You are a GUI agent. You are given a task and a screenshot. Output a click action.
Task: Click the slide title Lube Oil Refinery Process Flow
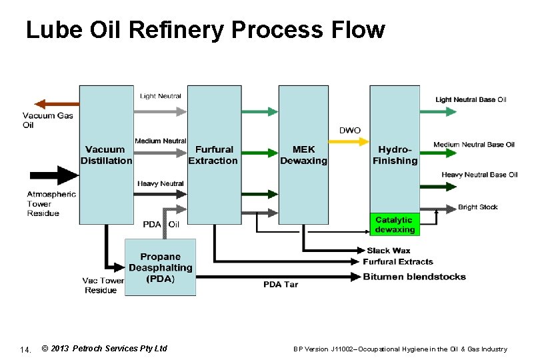[x=205, y=30]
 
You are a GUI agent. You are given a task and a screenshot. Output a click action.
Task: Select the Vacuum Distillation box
[x=106, y=155]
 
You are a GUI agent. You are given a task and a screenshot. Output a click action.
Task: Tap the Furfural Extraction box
[x=213, y=155]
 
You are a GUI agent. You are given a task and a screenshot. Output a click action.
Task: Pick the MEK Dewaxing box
[x=303, y=155]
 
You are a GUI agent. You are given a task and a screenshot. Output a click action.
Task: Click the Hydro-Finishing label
[x=395, y=155]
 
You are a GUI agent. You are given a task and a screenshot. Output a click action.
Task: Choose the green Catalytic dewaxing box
[x=395, y=225]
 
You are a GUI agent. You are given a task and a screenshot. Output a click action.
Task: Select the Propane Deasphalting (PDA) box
[x=160, y=267]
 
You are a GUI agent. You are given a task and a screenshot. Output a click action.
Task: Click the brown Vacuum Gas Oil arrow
[x=57, y=103]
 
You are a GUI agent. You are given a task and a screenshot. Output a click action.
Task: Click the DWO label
[x=350, y=130]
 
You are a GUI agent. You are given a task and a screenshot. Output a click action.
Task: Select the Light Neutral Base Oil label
[x=471, y=100]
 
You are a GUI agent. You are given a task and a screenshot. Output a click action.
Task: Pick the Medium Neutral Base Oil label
[x=474, y=145]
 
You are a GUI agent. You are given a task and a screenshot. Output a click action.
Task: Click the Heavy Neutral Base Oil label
[x=479, y=175]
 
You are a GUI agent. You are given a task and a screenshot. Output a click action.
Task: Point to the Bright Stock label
[x=477, y=207]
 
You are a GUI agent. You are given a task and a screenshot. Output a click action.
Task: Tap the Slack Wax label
[x=388, y=251]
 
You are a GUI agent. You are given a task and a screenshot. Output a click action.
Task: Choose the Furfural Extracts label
[x=398, y=261]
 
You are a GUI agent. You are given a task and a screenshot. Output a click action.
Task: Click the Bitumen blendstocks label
[x=414, y=277]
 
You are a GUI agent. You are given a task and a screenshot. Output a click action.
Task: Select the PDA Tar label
[x=280, y=285]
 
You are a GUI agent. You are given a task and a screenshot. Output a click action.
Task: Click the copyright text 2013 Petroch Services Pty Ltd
[x=104, y=348]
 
